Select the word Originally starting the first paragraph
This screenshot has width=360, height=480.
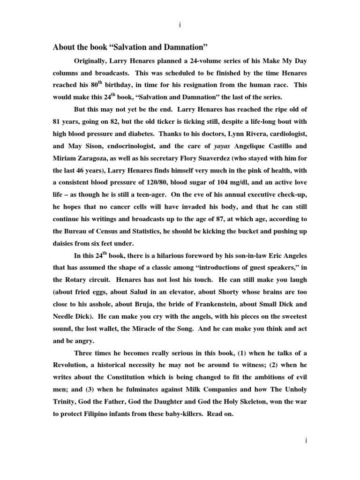[x=92, y=60]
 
